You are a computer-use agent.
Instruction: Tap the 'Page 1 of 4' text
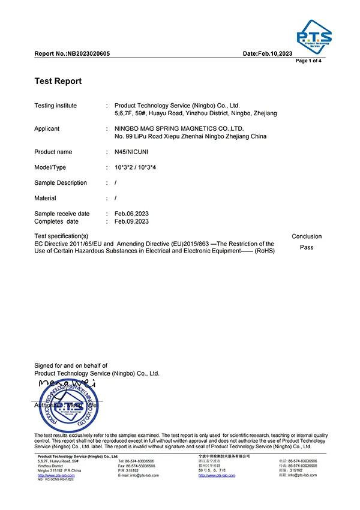310,61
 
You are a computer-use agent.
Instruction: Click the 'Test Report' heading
58,81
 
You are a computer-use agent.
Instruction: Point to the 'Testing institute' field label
56,106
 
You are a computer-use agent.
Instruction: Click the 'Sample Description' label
61,183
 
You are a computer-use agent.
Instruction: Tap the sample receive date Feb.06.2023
127,214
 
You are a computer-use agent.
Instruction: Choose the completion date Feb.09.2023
127,221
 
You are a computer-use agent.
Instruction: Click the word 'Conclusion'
307,236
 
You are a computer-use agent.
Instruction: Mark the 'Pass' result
306,247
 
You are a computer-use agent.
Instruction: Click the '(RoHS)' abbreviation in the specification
265,251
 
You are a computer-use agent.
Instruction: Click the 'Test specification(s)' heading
61,236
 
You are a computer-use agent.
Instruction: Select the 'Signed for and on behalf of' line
71,365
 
